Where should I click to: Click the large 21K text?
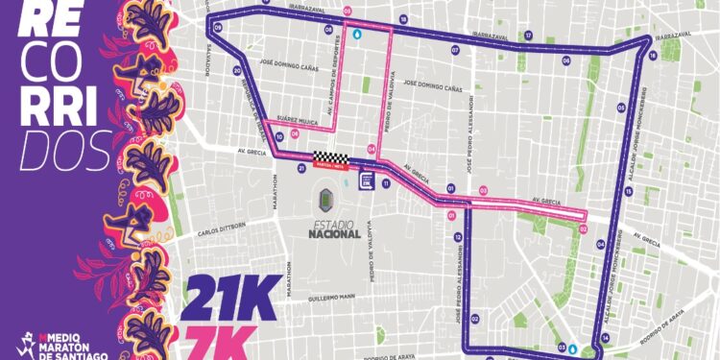(x=234, y=298)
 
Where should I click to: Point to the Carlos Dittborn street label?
(x=223, y=231)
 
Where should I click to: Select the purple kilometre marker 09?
(x=219, y=29)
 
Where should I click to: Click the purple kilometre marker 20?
(x=236, y=70)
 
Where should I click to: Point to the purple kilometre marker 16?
(x=652, y=56)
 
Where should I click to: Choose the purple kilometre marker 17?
(x=528, y=36)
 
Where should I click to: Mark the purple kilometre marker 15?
(x=628, y=192)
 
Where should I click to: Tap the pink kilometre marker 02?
(x=583, y=228)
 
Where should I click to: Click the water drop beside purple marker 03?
(x=573, y=348)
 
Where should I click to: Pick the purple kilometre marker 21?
(x=301, y=167)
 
